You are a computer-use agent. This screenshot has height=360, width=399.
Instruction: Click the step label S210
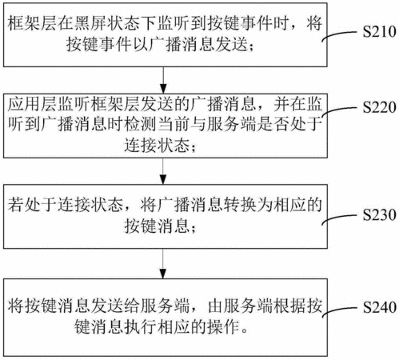tap(379, 31)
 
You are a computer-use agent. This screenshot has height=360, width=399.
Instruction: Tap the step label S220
tap(379, 107)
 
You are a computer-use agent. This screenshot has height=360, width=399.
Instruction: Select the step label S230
tap(379, 214)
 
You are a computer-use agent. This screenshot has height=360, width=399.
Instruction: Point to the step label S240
tap(379, 307)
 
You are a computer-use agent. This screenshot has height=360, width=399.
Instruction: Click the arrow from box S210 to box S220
tap(163, 80)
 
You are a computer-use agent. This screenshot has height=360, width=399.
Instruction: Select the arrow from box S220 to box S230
tap(163, 171)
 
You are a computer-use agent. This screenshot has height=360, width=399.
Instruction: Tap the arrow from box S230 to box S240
tap(163, 263)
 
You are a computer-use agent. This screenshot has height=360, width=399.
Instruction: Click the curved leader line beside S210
tap(339, 35)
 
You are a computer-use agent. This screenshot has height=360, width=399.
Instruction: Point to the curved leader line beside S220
tap(339, 110)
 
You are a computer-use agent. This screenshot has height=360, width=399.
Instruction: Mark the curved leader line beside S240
tap(339, 310)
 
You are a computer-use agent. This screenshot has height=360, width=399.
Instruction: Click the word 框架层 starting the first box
tap(32, 23)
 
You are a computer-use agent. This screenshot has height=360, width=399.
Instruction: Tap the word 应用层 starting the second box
tap(32, 103)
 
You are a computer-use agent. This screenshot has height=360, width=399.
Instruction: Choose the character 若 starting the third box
tap(15, 205)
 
